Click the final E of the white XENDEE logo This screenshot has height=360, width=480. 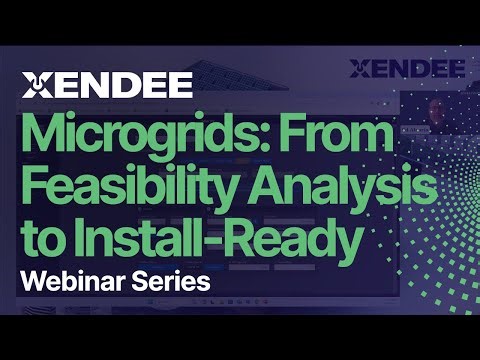click(179, 86)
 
